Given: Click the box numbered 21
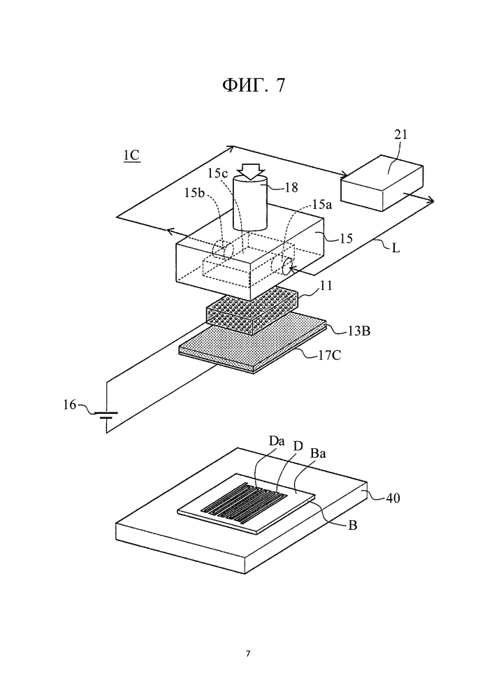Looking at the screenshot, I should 382,183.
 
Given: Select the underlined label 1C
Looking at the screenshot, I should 131,157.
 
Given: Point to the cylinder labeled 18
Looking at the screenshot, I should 250,204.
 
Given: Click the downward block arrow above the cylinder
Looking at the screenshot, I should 250,172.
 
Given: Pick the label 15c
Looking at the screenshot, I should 216,172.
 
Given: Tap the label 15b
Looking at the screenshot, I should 196,192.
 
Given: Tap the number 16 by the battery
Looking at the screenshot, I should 71,405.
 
